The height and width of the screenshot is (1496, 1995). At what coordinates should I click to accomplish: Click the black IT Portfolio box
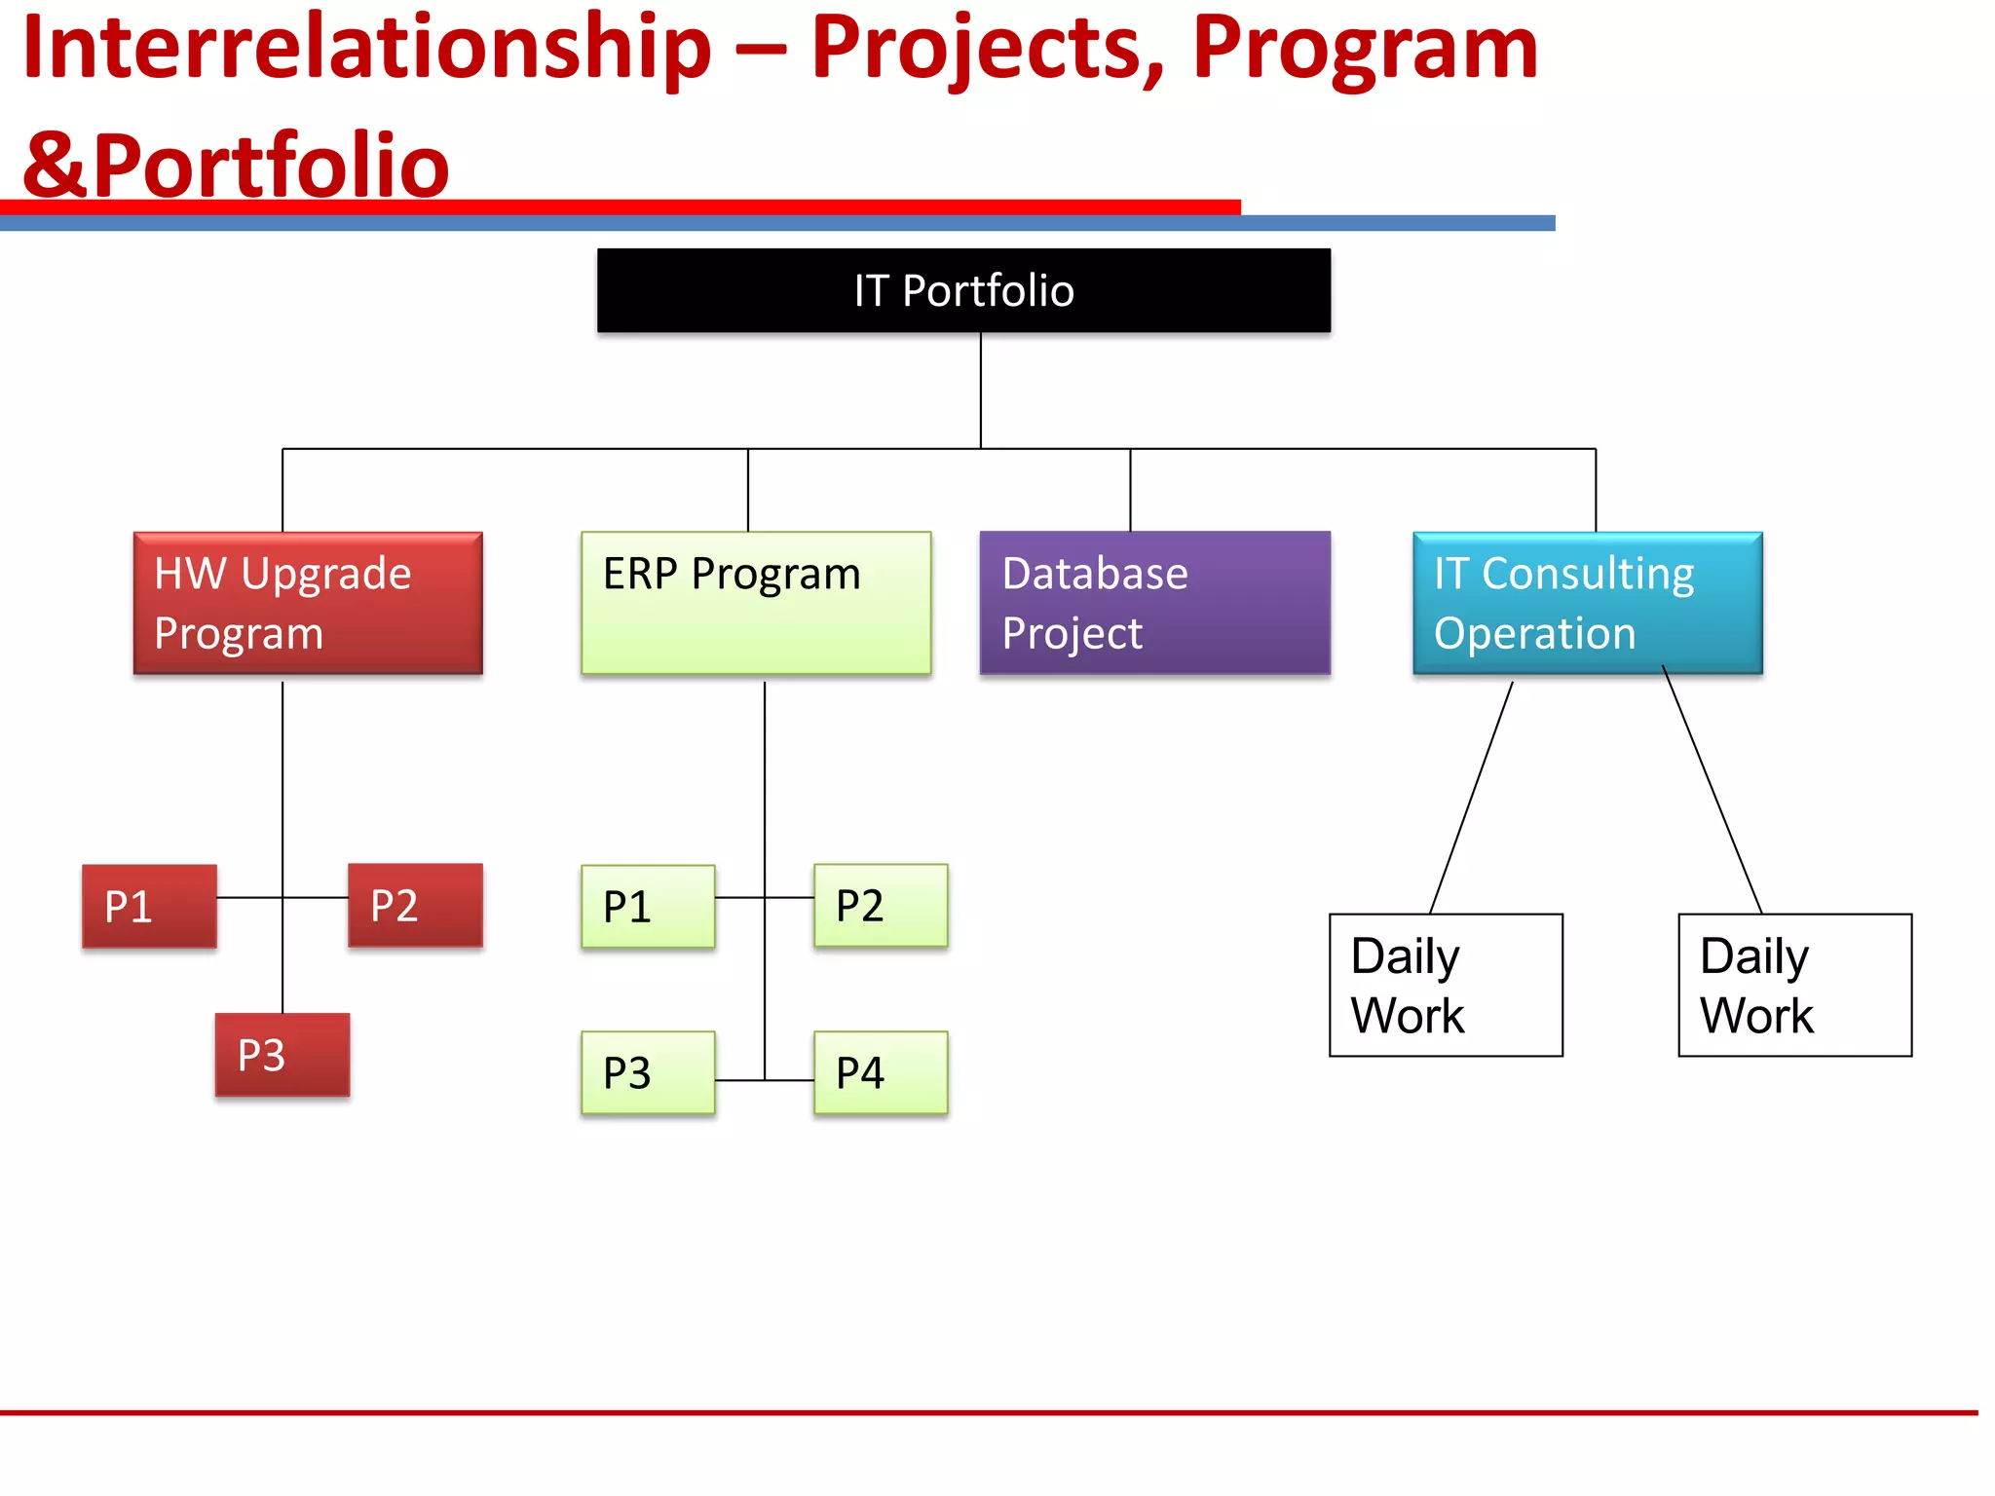tap(963, 290)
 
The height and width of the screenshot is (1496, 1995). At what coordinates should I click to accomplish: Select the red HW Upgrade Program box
tap(308, 603)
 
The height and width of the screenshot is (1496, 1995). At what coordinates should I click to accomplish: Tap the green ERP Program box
tap(756, 603)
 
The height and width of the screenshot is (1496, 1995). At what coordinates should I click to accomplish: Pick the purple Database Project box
tap(1154, 603)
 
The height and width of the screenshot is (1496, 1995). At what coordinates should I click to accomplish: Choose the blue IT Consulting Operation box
tap(1587, 603)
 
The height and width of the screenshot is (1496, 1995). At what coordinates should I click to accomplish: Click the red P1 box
tap(149, 906)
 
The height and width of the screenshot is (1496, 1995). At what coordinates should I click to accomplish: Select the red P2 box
tap(415, 905)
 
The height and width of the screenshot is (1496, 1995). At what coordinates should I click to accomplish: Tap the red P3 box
tap(282, 1055)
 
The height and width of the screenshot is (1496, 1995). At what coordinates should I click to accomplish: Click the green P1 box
tap(648, 906)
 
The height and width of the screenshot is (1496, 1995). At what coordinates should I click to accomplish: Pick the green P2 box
tap(881, 905)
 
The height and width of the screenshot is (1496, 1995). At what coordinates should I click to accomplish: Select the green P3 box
tap(648, 1072)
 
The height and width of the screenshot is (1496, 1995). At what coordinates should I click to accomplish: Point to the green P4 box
tap(881, 1072)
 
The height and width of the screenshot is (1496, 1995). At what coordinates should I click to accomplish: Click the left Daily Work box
tap(1446, 985)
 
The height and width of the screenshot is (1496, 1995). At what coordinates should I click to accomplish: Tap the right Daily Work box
tap(1794, 985)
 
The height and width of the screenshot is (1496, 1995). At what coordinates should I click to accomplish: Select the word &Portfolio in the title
tap(236, 166)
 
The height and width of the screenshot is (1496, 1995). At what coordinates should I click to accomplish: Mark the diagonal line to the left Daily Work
tap(1471, 797)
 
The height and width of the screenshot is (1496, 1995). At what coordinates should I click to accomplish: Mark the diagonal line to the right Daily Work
tap(1712, 790)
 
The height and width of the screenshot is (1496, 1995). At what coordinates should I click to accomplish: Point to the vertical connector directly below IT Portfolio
tap(981, 390)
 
